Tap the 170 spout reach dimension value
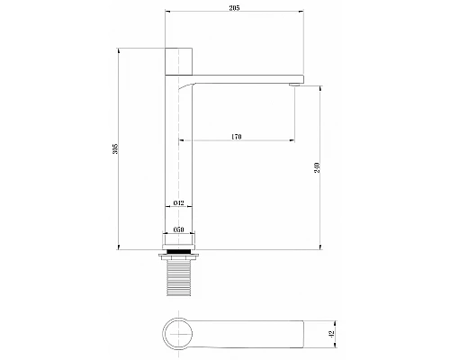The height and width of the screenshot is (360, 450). [x=236, y=137]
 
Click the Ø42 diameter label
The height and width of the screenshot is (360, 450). [x=178, y=203]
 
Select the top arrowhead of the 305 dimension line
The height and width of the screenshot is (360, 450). [x=119, y=49]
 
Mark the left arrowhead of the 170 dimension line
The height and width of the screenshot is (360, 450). [x=183, y=141]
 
